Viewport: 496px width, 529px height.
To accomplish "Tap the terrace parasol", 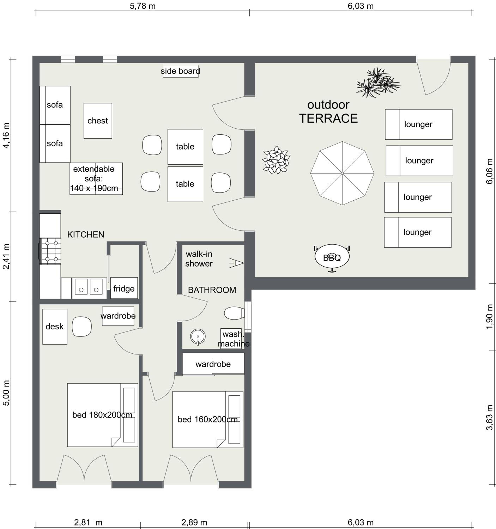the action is (x=342, y=173).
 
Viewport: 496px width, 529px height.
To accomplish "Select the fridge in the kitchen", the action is (x=124, y=288).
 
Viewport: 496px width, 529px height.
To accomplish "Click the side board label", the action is (x=180, y=71).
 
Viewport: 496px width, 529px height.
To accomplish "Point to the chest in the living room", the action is (x=98, y=121).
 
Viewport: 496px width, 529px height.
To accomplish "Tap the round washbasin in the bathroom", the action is (x=198, y=337).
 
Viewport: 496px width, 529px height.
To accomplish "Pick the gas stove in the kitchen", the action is (x=50, y=251).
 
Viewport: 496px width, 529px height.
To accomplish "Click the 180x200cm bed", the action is (x=102, y=415).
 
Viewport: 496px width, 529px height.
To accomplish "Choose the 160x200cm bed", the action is (x=208, y=419).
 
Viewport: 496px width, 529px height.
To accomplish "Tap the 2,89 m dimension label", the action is (x=194, y=522).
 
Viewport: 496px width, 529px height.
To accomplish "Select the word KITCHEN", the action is (x=86, y=234).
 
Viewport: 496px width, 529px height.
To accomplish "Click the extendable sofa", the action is (x=96, y=179).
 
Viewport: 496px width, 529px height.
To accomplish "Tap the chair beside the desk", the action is (x=82, y=327).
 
